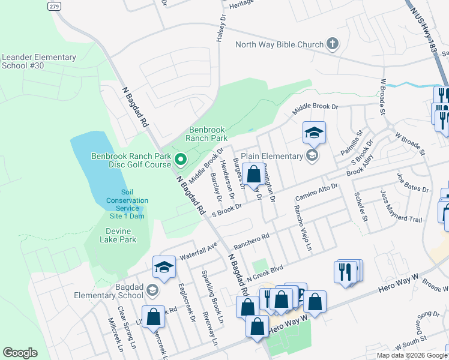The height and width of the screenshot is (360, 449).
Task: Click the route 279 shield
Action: pos(53,5)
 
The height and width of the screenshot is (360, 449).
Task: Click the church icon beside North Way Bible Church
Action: pos(333,44)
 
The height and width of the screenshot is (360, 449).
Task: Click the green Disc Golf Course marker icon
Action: pos(181,160)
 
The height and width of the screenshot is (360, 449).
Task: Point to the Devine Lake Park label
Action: pos(112,235)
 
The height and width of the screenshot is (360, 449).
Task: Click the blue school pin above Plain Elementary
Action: pos(313,133)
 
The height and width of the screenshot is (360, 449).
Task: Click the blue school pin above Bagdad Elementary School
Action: pos(164,268)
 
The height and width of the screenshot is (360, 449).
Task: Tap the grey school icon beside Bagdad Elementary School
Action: pos(152,291)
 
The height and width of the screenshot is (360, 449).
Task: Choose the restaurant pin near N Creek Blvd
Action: pos(346,271)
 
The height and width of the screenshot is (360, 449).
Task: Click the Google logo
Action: pos(20,353)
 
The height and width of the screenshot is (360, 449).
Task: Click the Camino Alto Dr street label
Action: pos(317,193)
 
